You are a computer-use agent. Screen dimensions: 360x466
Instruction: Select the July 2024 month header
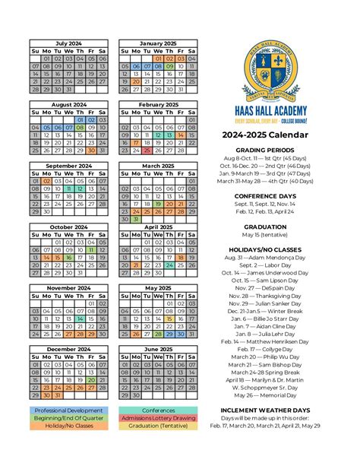(69, 43)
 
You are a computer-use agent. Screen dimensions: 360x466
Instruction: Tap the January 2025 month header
(158, 43)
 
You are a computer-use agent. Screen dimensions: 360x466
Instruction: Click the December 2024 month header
(69, 349)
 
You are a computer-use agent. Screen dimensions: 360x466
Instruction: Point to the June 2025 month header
(158, 349)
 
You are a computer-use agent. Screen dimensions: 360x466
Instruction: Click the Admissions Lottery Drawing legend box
(158, 417)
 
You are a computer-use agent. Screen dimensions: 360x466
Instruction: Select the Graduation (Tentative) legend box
(158, 426)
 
